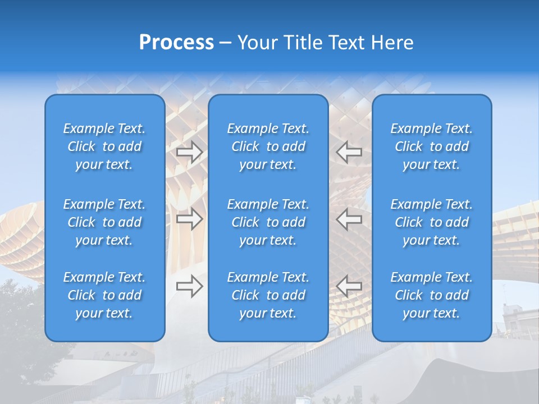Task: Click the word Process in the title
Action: point(176,43)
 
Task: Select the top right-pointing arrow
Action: point(190,152)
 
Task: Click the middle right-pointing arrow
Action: point(190,219)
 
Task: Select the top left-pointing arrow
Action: point(349,152)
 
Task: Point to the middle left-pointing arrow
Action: point(349,219)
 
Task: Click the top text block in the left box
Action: point(104,146)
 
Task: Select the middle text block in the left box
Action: point(104,222)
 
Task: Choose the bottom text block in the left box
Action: point(104,295)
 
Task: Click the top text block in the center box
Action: point(268,146)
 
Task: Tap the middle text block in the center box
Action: point(268,222)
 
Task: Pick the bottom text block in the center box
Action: point(268,295)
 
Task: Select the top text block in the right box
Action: point(432,146)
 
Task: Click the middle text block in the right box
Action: point(432,222)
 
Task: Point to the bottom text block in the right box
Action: point(432,295)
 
